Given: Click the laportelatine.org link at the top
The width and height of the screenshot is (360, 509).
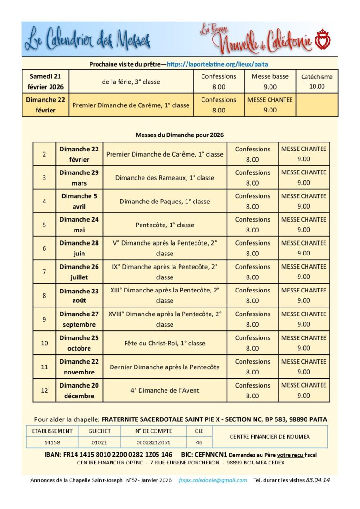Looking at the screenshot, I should click(x=217, y=64).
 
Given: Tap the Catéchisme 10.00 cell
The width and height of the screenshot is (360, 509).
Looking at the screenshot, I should click(x=317, y=82).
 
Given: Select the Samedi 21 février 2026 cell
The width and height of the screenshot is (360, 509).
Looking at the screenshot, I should click(x=45, y=82).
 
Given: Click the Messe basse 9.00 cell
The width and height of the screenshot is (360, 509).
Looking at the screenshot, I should click(x=270, y=82).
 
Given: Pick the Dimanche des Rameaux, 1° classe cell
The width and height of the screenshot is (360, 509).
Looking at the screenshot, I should click(x=165, y=178).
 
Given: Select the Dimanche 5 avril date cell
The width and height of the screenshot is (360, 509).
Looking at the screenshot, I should click(x=79, y=201).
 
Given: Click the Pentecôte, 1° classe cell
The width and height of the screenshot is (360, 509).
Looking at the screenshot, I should click(x=165, y=225).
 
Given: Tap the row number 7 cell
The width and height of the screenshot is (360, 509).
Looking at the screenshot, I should click(x=44, y=272).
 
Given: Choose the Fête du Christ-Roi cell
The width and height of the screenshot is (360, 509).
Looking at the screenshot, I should click(x=165, y=343).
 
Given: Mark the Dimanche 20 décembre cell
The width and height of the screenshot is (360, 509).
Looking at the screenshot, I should click(x=79, y=390).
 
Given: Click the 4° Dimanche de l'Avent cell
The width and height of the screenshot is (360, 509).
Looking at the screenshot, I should click(x=165, y=390).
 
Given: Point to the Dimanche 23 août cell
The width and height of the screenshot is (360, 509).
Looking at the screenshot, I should click(x=79, y=296).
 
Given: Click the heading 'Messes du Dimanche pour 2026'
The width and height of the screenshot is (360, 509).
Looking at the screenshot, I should click(x=180, y=135).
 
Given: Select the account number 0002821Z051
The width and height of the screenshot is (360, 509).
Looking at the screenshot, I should click(x=153, y=442).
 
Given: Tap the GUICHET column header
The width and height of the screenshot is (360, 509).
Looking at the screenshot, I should click(x=99, y=431).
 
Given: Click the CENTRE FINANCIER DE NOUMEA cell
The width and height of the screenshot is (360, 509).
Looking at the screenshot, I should click(x=270, y=436).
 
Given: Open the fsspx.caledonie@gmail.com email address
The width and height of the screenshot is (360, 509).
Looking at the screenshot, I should click(x=212, y=480).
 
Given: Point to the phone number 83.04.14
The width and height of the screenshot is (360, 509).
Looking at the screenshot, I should click(x=318, y=480).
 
